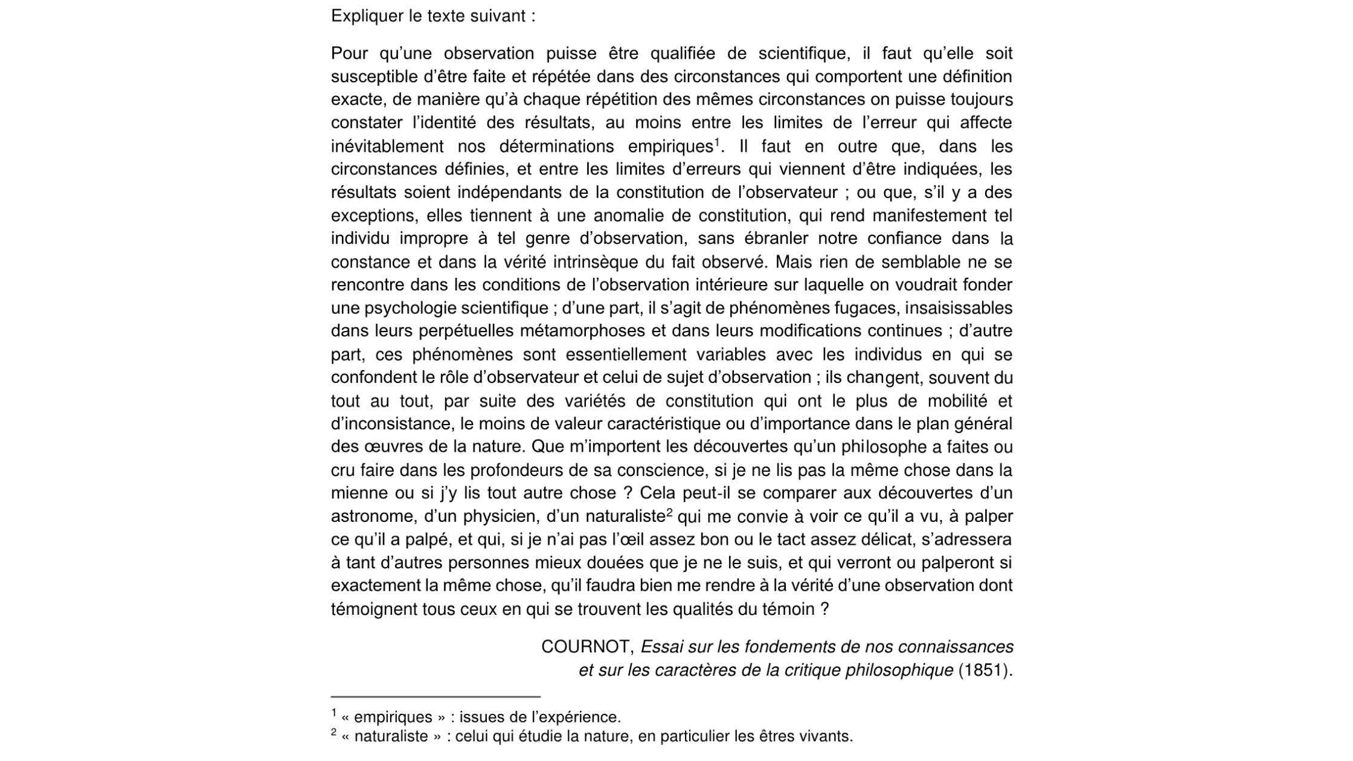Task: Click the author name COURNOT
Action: tap(585, 647)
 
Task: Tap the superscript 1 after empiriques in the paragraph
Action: tap(718, 142)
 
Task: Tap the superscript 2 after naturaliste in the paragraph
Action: tap(670, 512)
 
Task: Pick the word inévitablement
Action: tap(387, 146)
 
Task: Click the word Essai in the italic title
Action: tap(661, 647)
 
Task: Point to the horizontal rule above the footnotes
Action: tap(435, 696)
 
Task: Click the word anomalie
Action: tap(628, 216)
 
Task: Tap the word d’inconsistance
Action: tap(391, 423)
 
